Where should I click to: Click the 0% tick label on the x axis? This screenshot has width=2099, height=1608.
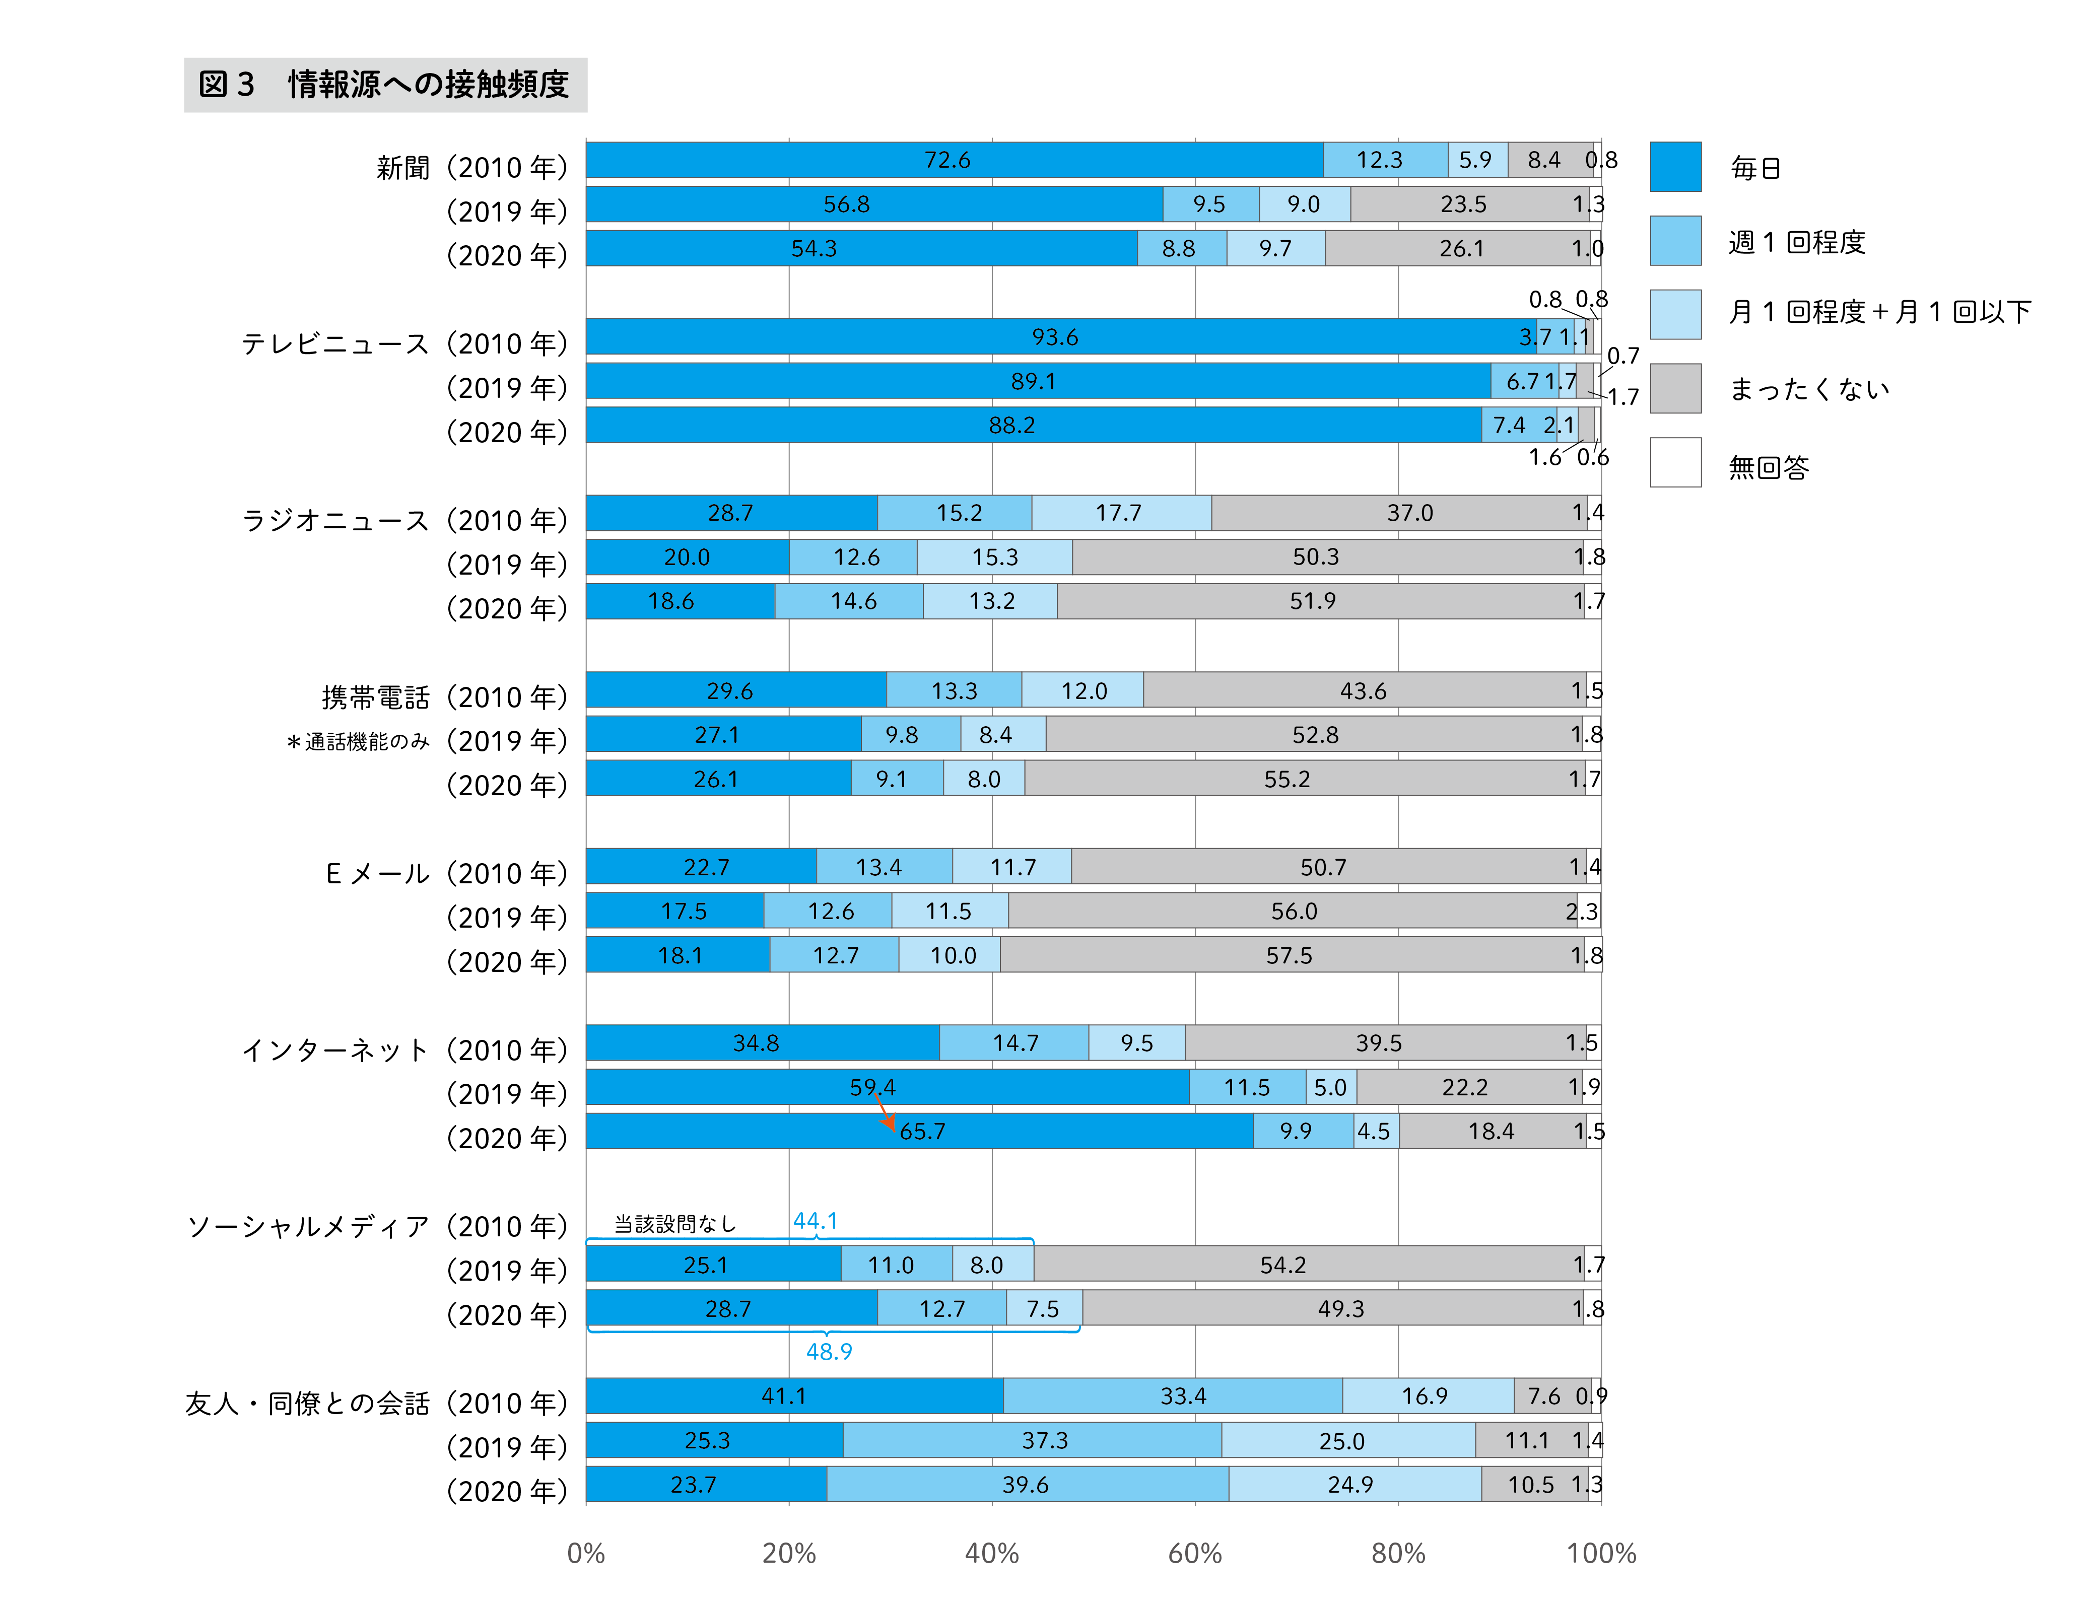pos(586,1553)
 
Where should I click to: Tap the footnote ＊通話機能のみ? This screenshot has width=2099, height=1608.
pos(358,742)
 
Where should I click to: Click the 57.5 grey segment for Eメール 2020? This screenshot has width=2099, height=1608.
pos(1289,955)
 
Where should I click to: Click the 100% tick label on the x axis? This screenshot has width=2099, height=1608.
pos(1600,1553)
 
